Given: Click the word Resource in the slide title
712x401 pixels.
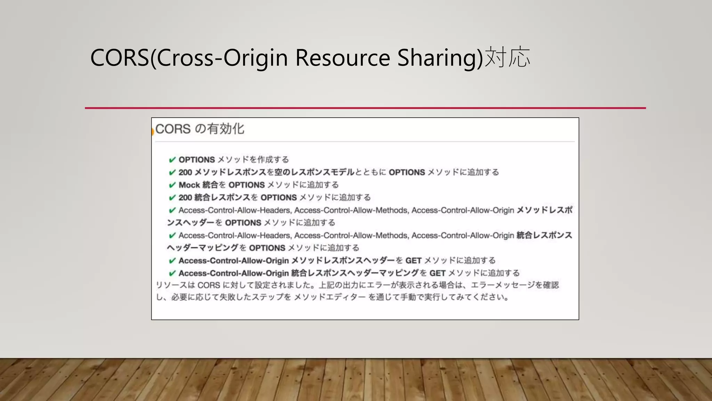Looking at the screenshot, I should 342,57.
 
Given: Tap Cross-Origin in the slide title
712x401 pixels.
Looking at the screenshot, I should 222,57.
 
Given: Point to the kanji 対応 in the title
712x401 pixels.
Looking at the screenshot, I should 507,57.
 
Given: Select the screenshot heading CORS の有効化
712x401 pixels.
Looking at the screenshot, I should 200,129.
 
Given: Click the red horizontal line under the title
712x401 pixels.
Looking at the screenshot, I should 365,108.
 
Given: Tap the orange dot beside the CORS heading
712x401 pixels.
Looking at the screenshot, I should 153,132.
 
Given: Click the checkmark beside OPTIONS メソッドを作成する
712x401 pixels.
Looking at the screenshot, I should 172,160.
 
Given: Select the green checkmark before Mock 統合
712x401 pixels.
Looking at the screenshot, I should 172,185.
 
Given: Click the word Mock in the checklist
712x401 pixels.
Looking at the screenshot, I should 189,185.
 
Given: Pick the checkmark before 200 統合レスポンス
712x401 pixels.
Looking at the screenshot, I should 172,198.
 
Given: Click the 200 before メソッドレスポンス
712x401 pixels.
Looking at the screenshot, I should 185,172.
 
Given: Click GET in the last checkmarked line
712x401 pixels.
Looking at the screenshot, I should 437,273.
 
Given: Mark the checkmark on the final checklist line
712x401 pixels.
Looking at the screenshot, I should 172,273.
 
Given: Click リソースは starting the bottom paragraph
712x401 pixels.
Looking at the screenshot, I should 175,285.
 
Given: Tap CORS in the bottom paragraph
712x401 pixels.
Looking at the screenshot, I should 209,285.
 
